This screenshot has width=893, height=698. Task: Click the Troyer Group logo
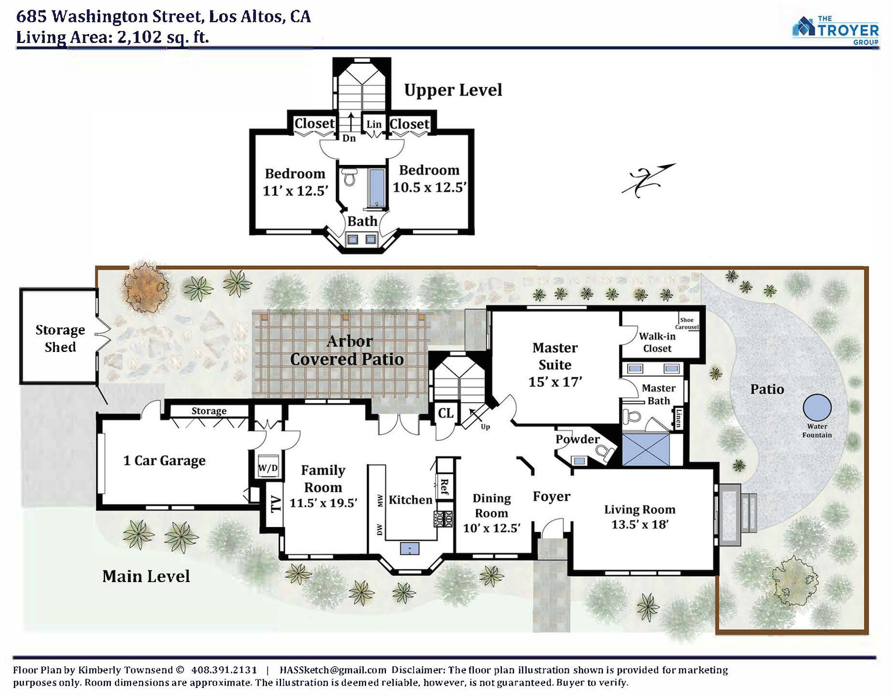pyautogui.click(x=835, y=30)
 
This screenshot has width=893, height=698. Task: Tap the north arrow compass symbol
pyautogui.click(x=648, y=180)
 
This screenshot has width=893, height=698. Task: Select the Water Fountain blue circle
pyautogui.click(x=817, y=407)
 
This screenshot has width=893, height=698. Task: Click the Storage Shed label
pyautogui.click(x=60, y=338)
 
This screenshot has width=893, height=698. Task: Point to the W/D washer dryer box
pyautogui.click(x=268, y=467)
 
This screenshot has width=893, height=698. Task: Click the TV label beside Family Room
pyautogui.click(x=275, y=504)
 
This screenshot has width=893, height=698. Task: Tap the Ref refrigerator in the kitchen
pyautogui.click(x=444, y=485)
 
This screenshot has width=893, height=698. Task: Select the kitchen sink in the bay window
pyautogui.click(x=410, y=548)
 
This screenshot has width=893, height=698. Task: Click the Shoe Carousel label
pyautogui.click(x=687, y=323)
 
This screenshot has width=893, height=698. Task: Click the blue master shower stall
pyautogui.click(x=645, y=449)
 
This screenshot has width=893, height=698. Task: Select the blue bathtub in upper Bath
pyautogui.click(x=377, y=188)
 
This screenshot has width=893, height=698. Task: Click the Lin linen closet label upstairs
pyautogui.click(x=374, y=124)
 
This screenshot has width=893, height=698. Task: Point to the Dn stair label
pyautogui.click(x=349, y=138)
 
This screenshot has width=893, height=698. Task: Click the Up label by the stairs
pyautogui.click(x=485, y=427)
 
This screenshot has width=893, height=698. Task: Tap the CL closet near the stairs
pyautogui.click(x=446, y=413)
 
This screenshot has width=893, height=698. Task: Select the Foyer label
pyautogui.click(x=551, y=497)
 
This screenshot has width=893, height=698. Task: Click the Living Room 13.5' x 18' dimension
pyautogui.click(x=640, y=525)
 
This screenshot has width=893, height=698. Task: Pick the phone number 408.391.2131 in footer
pyautogui.click(x=224, y=670)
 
